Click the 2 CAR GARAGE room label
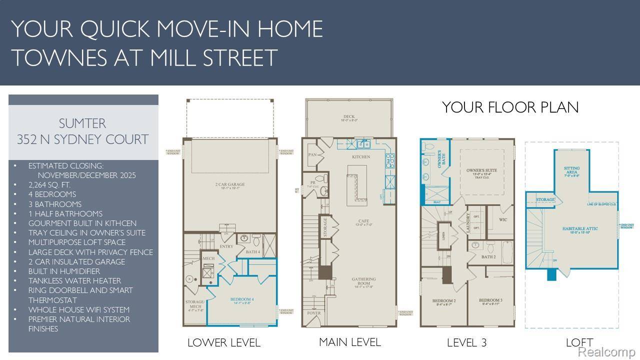(x=230, y=184)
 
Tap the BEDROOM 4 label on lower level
(x=242, y=299)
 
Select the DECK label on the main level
(x=349, y=116)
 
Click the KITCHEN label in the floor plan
(x=361, y=157)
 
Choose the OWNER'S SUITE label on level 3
(x=481, y=170)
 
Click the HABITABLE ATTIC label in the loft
(x=580, y=228)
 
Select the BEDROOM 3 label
(x=490, y=300)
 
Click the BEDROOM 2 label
(x=443, y=300)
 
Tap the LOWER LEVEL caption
(x=223, y=343)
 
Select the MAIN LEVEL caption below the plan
(x=349, y=342)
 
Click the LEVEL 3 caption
(x=466, y=343)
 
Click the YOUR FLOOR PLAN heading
(x=510, y=107)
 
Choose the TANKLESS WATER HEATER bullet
(x=74, y=280)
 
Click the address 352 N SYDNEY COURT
(x=83, y=139)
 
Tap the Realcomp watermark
(x=606, y=352)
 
